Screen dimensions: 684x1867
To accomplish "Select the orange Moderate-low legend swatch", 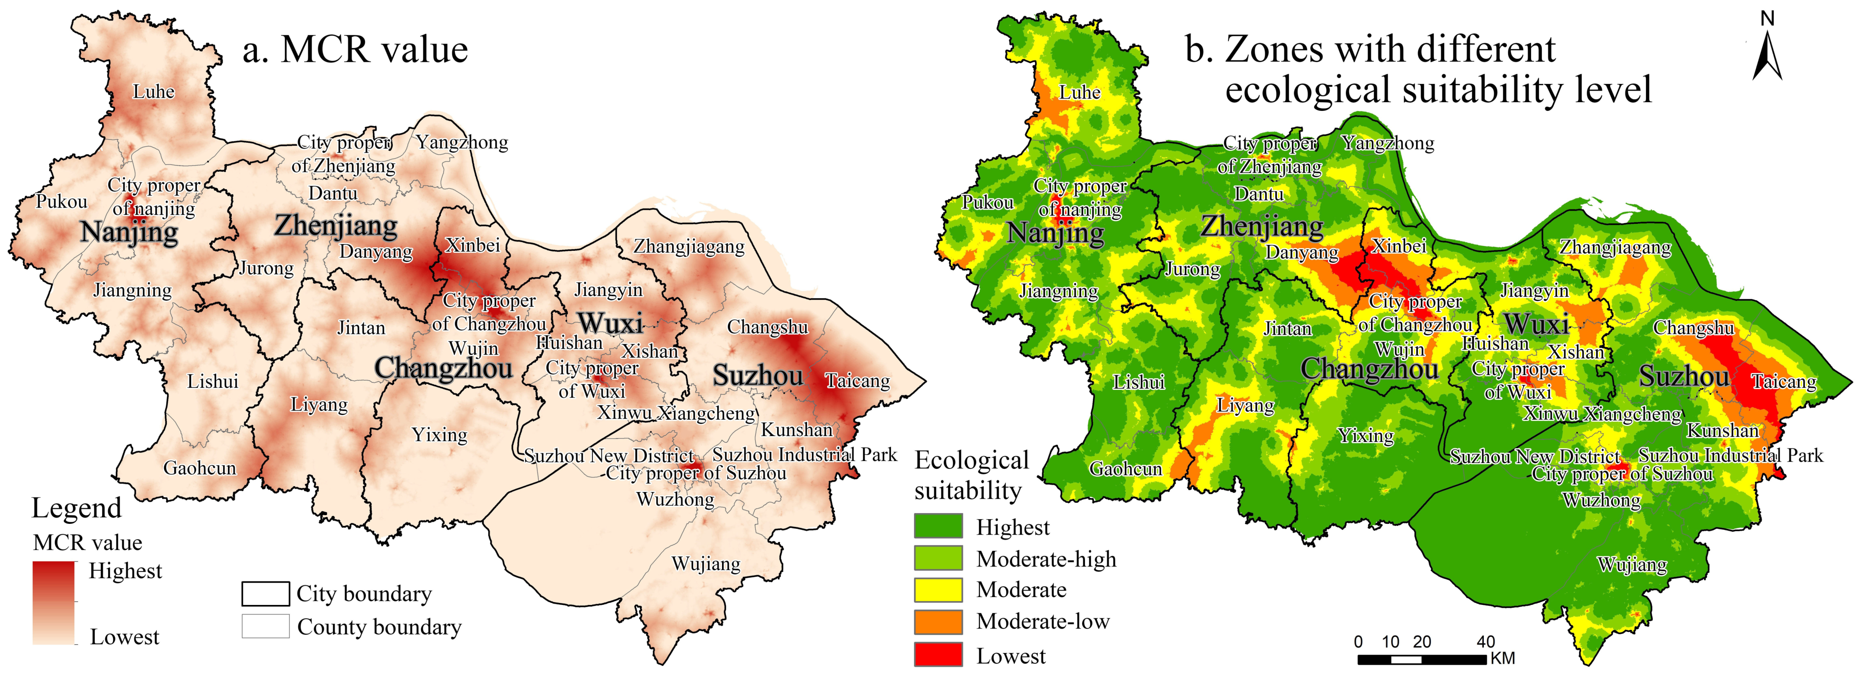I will [x=938, y=622].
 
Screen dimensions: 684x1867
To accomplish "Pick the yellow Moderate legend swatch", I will [x=938, y=590].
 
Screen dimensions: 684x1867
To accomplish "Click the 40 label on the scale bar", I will [x=1485, y=642].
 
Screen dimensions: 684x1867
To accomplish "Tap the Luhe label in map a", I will [x=154, y=92].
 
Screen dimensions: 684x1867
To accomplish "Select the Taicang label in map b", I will [x=1784, y=382].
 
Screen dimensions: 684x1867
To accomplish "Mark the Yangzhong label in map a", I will [x=462, y=143].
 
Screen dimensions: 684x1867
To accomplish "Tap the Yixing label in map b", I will [x=1365, y=435].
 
